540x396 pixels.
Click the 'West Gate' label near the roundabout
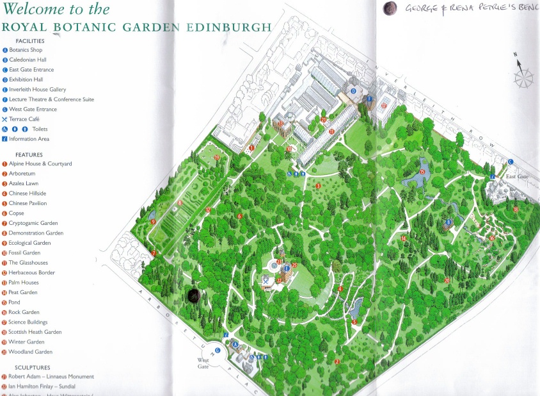(204, 363)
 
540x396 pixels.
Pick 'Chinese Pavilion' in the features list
(28, 203)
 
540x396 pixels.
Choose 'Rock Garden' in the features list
(24, 312)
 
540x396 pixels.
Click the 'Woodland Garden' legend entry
(31, 352)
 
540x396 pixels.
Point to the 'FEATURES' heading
(29, 154)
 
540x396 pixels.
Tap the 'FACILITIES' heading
(30, 40)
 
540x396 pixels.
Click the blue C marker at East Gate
(511, 161)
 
